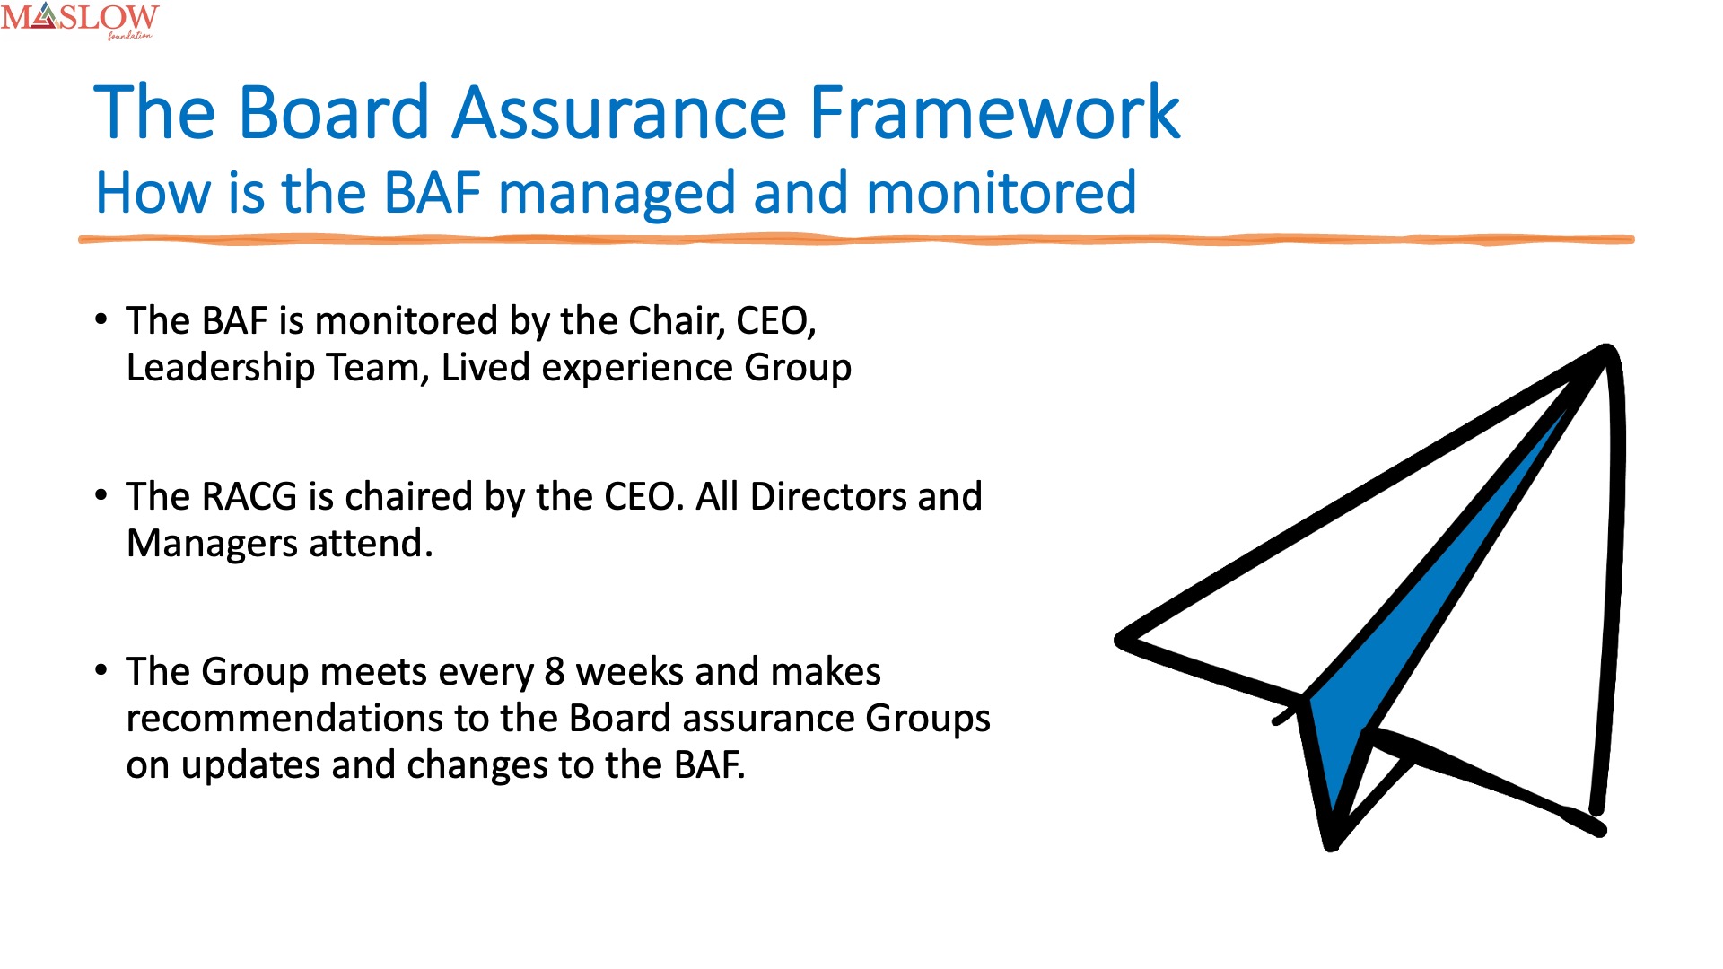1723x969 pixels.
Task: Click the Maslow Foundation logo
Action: [x=80, y=21]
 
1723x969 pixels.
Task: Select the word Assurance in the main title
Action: [x=619, y=112]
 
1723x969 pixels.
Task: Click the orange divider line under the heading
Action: [x=856, y=240]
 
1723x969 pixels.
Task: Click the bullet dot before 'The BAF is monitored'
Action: [x=101, y=319]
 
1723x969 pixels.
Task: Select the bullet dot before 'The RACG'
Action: [x=101, y=495]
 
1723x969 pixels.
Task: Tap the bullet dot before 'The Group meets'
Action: [x=101, y=670]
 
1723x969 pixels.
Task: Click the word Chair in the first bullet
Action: [x=677, y=321]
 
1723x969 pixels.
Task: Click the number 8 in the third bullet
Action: [x=555, y=672]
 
